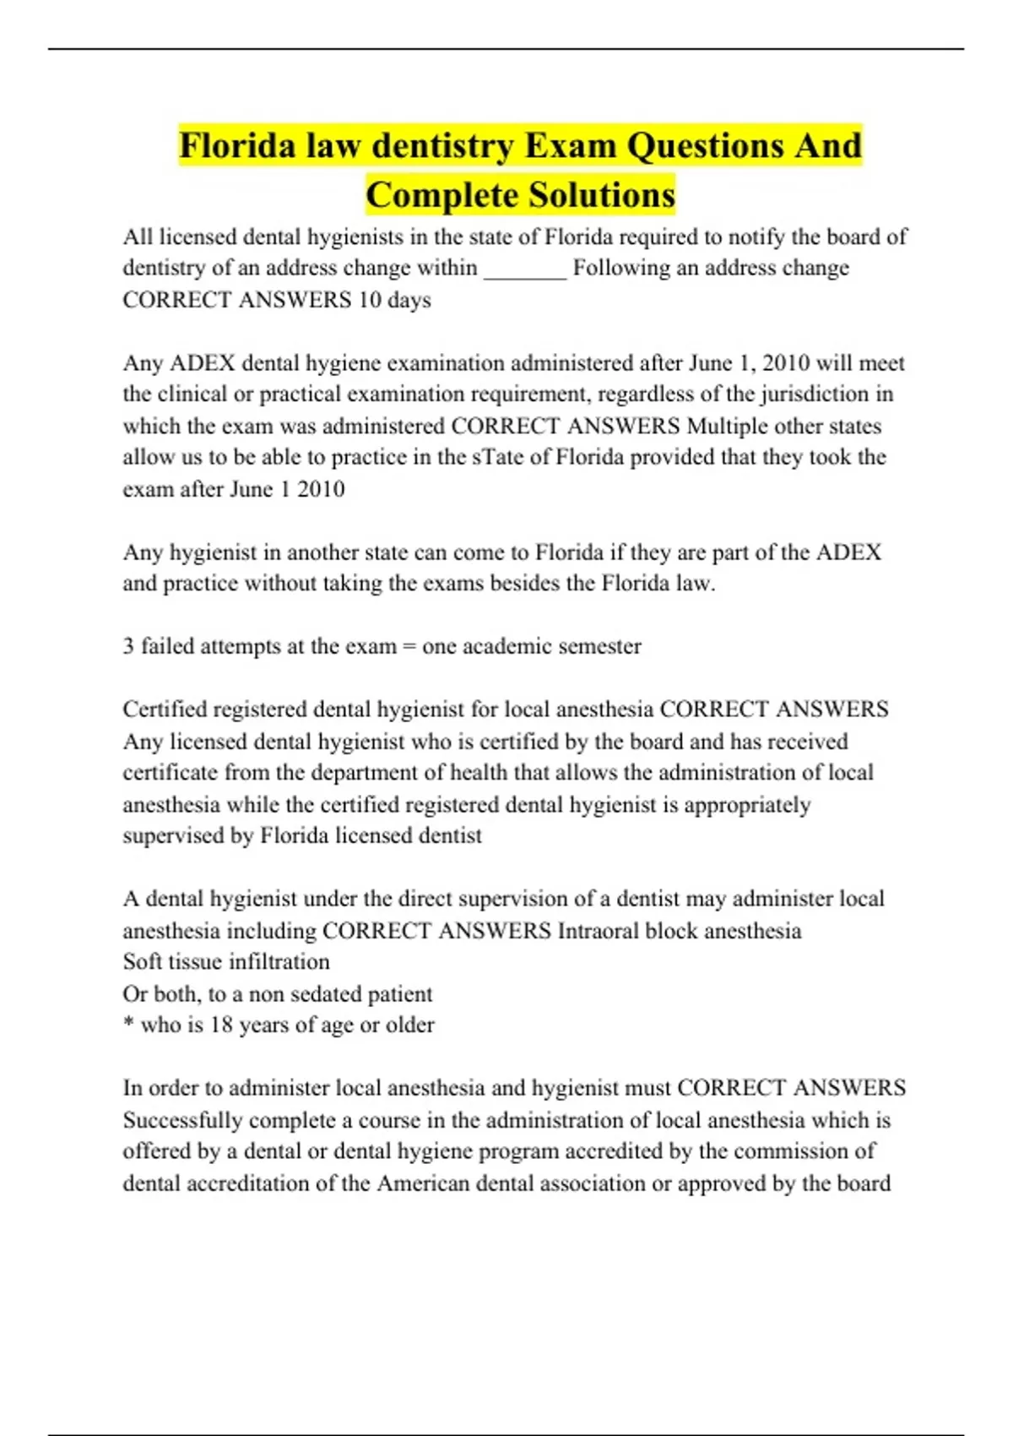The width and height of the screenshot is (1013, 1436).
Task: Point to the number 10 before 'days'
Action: click(369, 300)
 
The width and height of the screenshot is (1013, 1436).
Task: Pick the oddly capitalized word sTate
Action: click(497, 458)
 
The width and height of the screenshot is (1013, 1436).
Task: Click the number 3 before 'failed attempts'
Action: click(128, 646)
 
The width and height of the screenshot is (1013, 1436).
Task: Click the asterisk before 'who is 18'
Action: click(128, 1025)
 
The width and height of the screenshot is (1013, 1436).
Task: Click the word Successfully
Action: click(181, 1121)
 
